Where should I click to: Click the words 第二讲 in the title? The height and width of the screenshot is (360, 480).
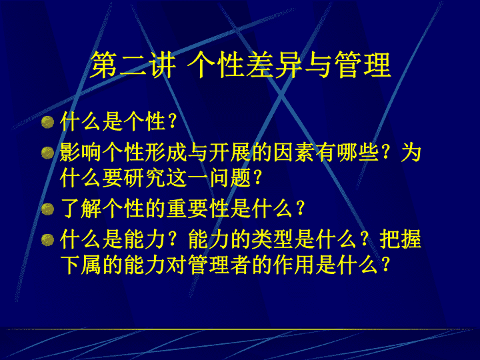point(133,65)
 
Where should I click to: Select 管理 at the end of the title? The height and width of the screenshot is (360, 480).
point(363,65)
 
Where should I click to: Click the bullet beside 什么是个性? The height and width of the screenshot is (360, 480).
point(47,122)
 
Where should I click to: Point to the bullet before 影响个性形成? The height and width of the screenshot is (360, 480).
point(47,153)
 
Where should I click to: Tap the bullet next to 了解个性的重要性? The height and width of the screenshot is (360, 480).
point(47,209)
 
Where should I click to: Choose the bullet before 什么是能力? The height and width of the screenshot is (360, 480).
point(47,240)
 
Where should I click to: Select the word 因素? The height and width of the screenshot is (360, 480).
point(294,153)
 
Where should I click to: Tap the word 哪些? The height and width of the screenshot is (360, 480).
point(358,153)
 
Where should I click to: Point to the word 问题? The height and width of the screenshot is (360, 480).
point(230,178)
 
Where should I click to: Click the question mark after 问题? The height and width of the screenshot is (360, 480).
point(257,178)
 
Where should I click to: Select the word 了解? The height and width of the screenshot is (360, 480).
point(81,209)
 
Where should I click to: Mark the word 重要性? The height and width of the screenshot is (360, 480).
point(198,209)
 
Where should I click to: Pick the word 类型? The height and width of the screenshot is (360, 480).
point(273,240)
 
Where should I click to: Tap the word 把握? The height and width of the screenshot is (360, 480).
point(401,240)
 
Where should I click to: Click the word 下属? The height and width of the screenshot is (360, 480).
point(81,265)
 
